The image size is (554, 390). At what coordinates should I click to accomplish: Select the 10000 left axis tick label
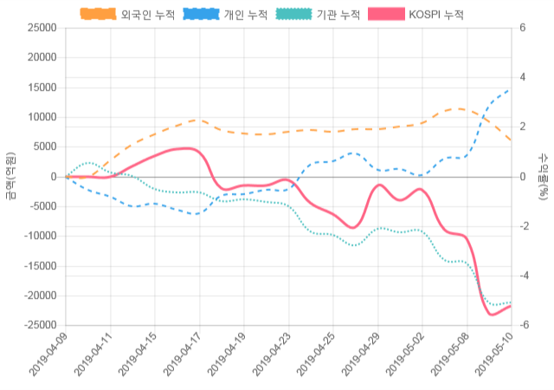point(42,117)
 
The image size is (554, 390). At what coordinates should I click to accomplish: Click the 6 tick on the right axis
point(522,28)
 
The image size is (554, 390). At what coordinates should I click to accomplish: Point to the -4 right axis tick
point(525,276)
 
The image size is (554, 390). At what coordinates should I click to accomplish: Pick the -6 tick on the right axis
point(525,325)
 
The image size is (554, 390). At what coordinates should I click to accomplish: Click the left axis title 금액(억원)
point(10,176)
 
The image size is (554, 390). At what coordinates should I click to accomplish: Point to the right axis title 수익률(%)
point(544,176)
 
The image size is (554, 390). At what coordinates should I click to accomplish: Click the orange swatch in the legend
point(99,15)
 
